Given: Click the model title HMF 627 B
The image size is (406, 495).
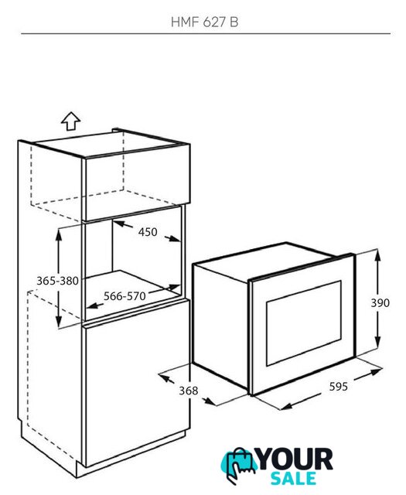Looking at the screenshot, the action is click(204, 22).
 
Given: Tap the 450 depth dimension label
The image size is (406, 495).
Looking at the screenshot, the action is click(148, 232).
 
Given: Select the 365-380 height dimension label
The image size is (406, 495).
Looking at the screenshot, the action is click(57, 281).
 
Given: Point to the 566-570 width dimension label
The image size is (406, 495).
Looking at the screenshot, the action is click(125, 296).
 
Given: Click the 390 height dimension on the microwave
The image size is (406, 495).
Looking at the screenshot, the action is click(380, 303).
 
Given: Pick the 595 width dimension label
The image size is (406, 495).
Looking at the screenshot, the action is click(338, 387).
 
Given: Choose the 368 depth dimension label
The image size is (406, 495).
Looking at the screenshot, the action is click(189, 391).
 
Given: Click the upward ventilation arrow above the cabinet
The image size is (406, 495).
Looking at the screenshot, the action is click(70, 121).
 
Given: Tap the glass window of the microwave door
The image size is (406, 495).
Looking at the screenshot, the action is click(304, 323).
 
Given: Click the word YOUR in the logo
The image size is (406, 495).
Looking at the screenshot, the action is click(295, 459).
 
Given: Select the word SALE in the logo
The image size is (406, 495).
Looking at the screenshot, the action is click(293, 478).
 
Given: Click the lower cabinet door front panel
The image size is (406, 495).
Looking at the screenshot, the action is click(136, 383).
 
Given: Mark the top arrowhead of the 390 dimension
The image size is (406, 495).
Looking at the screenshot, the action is click(377, 254).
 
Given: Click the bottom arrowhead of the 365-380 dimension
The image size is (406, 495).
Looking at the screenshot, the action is click(59, 322).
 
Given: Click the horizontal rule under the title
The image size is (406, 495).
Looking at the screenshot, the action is click(206, 33).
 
